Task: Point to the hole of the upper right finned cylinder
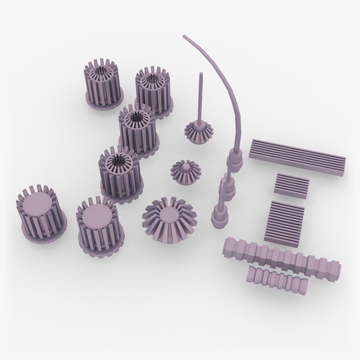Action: coord(153,80)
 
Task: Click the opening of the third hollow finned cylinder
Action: coord(136,117)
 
